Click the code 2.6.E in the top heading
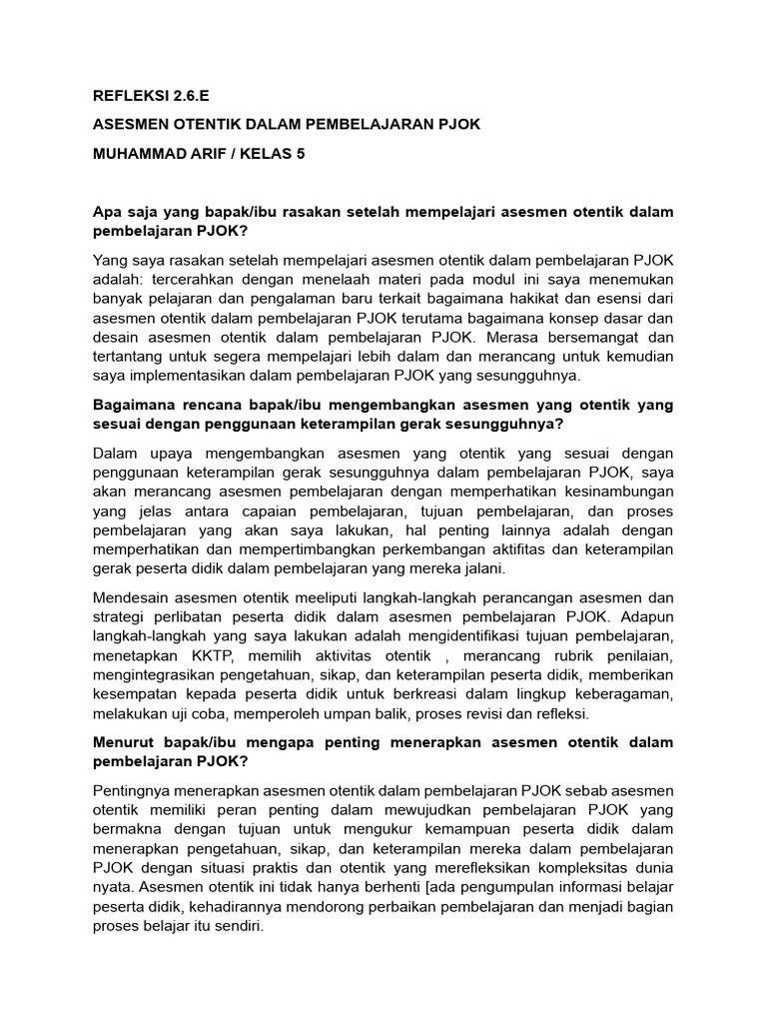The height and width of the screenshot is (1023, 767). (189, 96)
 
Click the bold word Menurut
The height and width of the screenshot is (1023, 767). (128, 743)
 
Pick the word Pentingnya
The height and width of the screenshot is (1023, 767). (134, 791)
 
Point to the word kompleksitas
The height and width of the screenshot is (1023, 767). (574, 868)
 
